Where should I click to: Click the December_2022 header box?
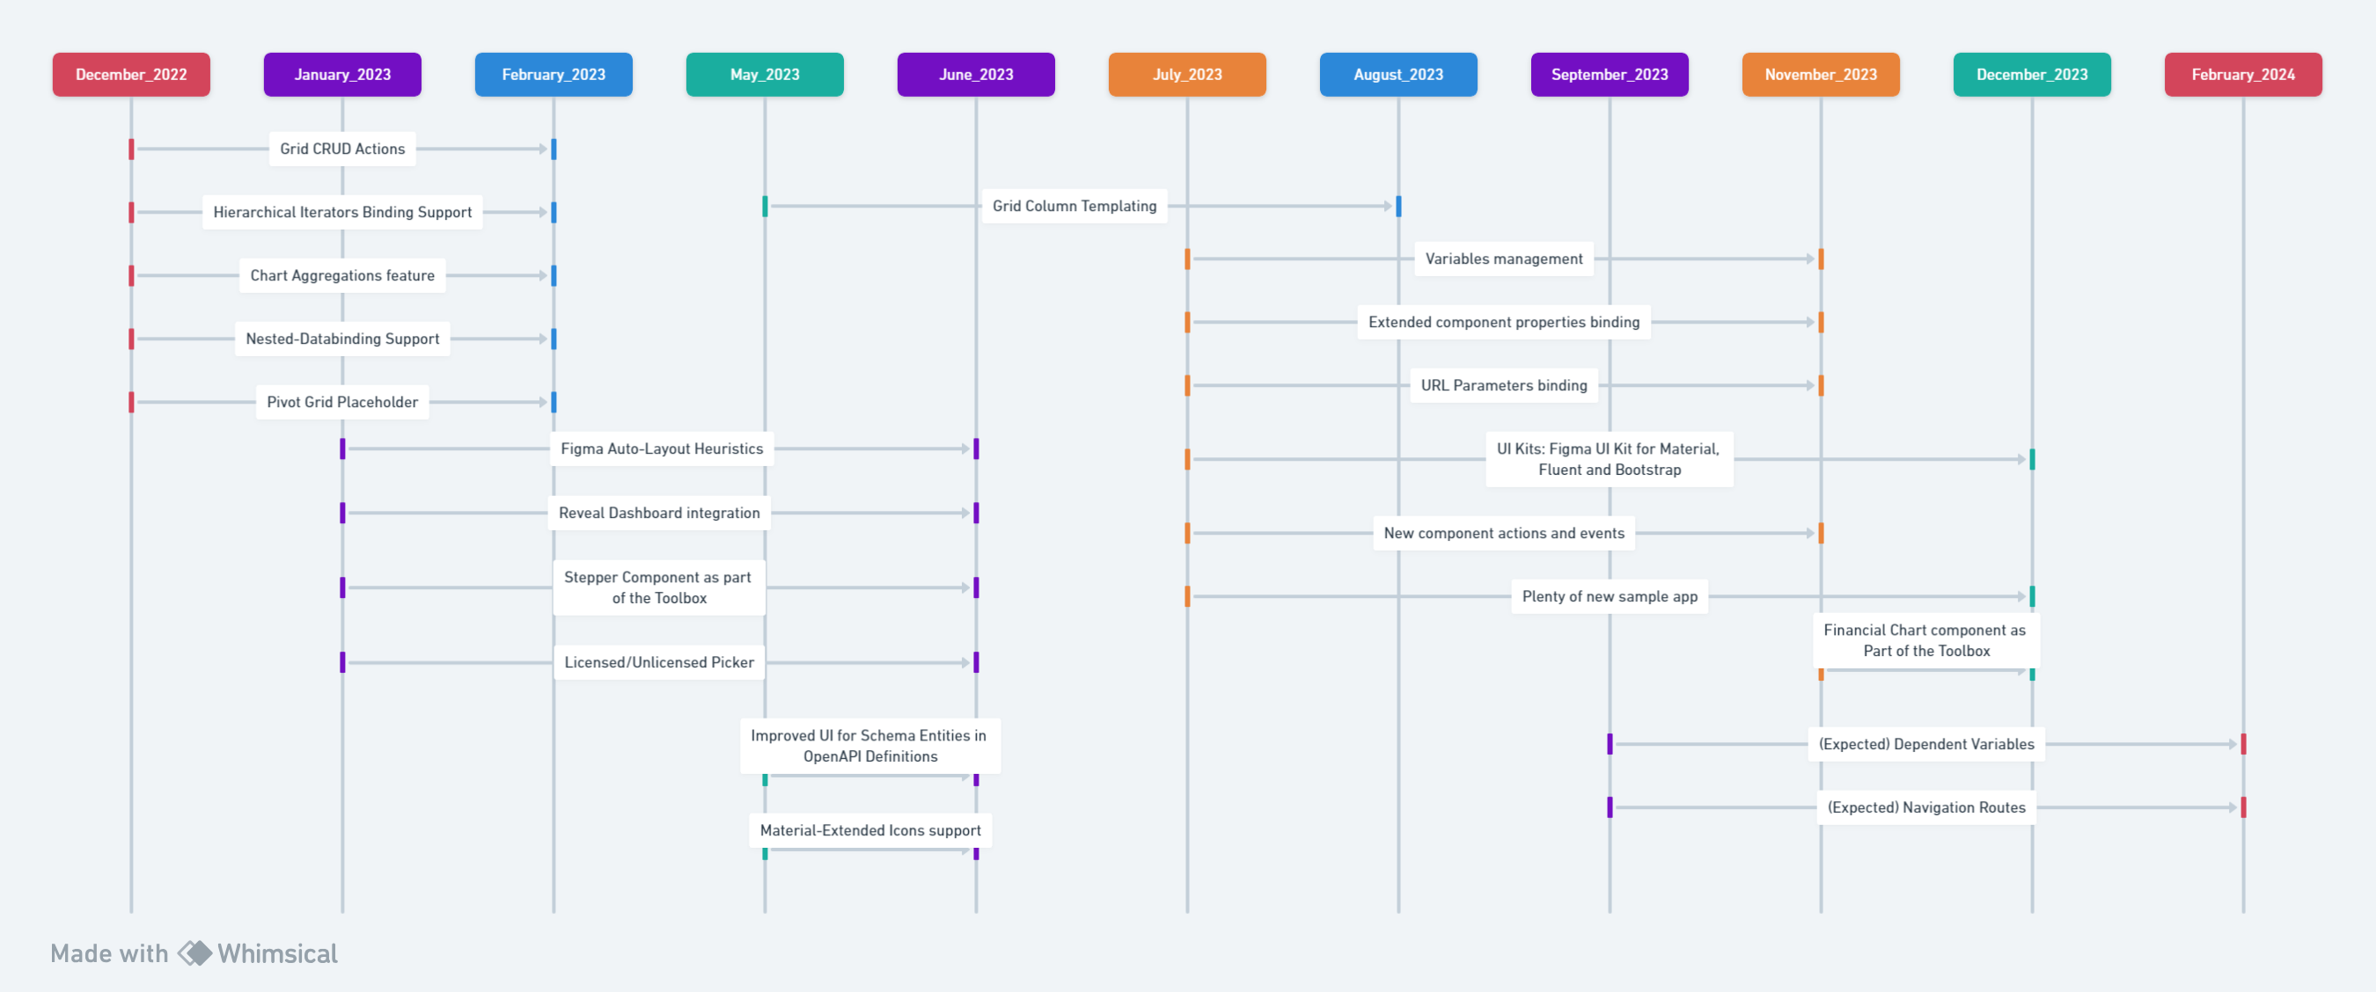point(131,75)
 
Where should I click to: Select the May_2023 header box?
point(764,75)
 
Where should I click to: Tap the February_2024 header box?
point(2242,75)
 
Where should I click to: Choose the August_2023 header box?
point(1397,75)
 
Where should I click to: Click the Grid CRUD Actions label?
point(342,149)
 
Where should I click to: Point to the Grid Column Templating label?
point(1074,206)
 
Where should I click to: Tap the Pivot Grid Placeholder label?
point(342,402)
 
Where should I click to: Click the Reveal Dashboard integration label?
point(658,513)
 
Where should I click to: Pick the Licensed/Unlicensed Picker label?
point(658,662)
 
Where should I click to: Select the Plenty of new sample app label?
point(1609,596)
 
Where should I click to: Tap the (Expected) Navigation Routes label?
point(1926,807)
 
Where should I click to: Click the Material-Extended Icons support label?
point(869,829)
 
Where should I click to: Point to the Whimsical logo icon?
point(194,953)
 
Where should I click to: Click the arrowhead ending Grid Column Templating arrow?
point(1388,207)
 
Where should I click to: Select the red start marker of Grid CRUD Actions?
point(132,149)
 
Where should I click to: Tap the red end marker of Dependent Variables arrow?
point(2242,744)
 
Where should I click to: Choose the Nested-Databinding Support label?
point(342,339)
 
